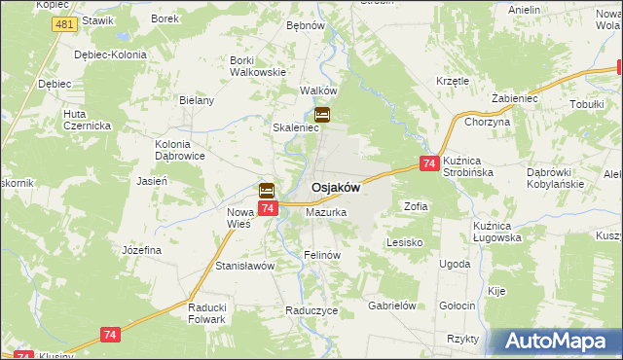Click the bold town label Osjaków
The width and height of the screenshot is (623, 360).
click(x=336, y=188)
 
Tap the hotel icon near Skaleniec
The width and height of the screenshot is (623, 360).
click(x=322, y=116)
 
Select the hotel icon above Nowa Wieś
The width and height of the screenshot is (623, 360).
click(x=266, y=191)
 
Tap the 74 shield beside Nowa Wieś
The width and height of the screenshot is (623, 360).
click(x=268, y=207)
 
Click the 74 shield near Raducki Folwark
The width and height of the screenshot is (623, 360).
click(x=110, y=335)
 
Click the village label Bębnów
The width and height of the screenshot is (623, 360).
click(x=305, y=25)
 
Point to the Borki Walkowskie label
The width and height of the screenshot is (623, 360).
click(x=257, y=65)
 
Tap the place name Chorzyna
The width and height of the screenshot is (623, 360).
click(x=488, y=122)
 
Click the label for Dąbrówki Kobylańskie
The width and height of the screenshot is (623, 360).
click(x=555, y=177)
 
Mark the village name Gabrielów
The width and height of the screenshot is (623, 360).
click(x=392, y=305)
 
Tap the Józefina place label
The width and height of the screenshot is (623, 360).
click(x=141, y=250)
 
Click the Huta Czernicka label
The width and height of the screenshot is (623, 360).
click(x=88, y=120)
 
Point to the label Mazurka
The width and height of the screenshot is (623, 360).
click(x=326, y=211)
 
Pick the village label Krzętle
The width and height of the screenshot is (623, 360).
click(x=453, y=81)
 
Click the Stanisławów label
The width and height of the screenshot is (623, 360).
click(x=245, y=265)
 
